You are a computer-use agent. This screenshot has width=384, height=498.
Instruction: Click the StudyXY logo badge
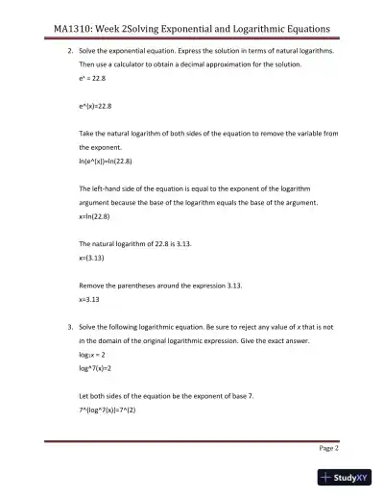click(x=344, y=477)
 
